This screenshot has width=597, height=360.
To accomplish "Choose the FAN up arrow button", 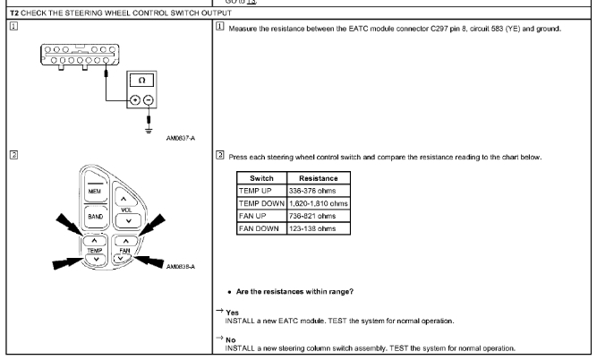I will [x=129, y=240].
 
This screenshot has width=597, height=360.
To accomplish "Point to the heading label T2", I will [x=7, y=10].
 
